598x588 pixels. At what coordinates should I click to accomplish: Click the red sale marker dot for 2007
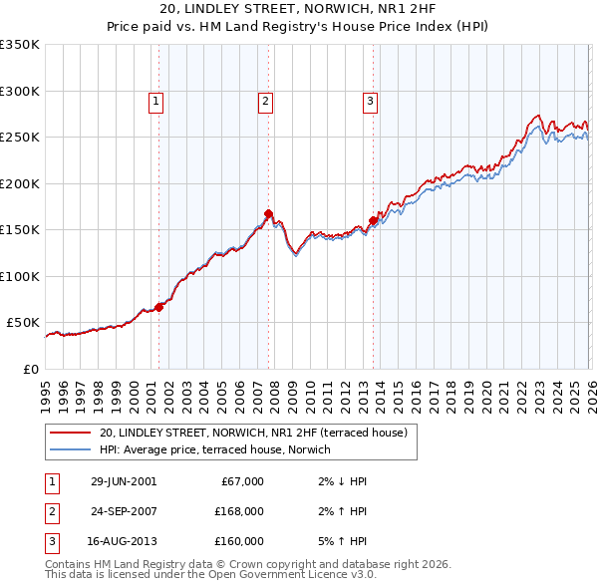pyautogui.click(x=268, y=213)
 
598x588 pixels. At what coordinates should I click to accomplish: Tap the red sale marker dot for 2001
pyautogui.click(x=158, y=307)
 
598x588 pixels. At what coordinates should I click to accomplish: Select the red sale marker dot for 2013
pyautogui.click(x=373, y=220)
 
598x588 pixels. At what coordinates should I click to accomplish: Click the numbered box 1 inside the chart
pyautogui.click(x=158, y=100)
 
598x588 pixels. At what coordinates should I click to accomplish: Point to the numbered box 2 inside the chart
pyautogui.click(x=266, y=100)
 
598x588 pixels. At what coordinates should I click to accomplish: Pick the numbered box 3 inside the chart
pyautogui.click(x=370, y=100)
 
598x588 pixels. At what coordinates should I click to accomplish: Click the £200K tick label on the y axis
pyautogui.click(x=20, y=183)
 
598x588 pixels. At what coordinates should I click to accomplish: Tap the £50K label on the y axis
pyautogui.click(x=23, y=323)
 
